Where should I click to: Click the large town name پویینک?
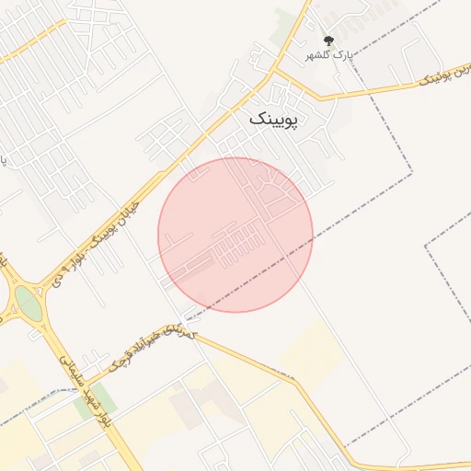pos(274,119)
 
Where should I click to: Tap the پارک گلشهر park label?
pos(328,56)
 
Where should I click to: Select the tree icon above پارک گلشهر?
pos(329,40)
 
